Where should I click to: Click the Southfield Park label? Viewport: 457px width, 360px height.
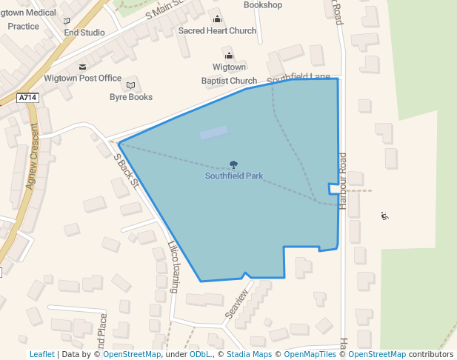pos(234,176)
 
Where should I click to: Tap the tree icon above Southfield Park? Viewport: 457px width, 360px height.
pos(234,165)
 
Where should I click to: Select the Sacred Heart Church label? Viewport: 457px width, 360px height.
pos(217,31)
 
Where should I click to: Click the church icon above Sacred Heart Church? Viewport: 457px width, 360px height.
pos(217,19)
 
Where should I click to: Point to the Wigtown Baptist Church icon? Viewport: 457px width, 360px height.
pos(229,56)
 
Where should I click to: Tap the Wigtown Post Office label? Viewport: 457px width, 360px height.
pos(82,79)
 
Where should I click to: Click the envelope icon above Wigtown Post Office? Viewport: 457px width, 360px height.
pos(82,67)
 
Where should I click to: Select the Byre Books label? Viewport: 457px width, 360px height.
pos(131,97)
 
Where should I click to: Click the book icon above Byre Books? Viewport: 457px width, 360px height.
pos(131,85)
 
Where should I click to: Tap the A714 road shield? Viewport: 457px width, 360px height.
pos(27,97)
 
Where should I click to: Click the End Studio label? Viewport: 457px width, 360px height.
pos(84,33)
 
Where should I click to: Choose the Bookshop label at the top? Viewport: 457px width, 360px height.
pos(263,5)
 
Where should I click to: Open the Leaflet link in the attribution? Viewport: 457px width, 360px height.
pos(41,354)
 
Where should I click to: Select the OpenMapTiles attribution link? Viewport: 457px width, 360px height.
pos(310,354)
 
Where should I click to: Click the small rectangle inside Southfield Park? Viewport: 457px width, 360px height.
pos(214,133)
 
